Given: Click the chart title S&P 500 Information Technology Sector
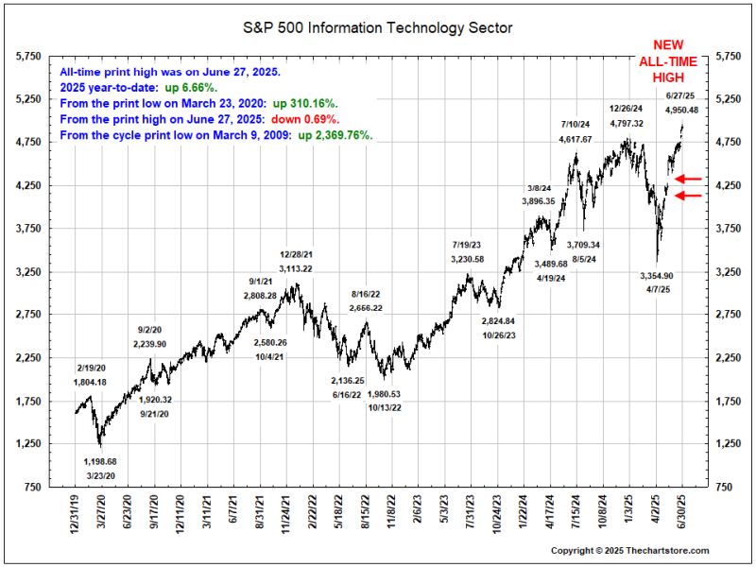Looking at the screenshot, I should [x=378, y=28].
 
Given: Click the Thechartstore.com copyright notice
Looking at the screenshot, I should [x=629, y=550].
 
